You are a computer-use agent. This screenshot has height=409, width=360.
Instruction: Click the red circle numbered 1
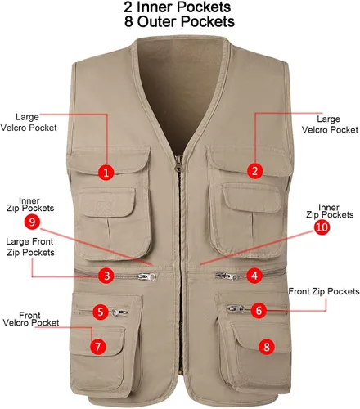point(106,172)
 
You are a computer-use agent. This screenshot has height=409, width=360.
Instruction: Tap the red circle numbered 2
point(254,171)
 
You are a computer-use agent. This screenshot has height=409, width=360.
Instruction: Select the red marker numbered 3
point(106,276)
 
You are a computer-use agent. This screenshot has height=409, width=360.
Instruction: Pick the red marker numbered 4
point(254,276)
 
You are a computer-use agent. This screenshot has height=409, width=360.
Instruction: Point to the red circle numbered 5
point(101,312)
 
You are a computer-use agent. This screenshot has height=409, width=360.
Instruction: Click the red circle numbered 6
point(259,310)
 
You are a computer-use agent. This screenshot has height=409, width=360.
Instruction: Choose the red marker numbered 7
point(98,347)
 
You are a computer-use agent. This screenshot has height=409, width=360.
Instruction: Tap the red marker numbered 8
point(267,347)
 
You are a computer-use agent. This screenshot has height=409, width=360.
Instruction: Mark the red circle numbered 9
point(32,222)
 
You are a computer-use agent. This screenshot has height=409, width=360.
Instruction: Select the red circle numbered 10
point(322,227)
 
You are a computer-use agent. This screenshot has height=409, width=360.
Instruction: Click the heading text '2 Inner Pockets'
point(178,7)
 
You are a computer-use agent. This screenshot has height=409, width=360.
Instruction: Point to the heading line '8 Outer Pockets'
point(179,21)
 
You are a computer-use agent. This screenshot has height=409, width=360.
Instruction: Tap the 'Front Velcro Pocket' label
point(31,319)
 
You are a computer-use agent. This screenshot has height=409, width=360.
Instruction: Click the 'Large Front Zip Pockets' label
point(30,247)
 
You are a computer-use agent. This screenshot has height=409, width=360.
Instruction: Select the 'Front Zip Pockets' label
point(324,291)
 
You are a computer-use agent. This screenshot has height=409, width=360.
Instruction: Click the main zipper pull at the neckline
point(178,163)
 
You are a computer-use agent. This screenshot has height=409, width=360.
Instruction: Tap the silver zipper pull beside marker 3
point(147,277)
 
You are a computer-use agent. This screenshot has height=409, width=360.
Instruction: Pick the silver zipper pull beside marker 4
point(227,276)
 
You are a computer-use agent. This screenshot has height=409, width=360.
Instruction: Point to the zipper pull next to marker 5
point(119,312)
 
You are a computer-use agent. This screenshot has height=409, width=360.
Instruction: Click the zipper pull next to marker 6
point(236,309)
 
